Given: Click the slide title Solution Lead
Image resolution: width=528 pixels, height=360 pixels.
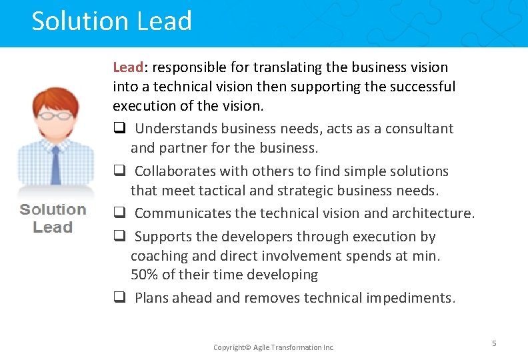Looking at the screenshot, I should (x=111, y=21).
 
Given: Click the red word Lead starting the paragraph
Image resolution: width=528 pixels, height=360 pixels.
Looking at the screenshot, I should (x=128, y=67).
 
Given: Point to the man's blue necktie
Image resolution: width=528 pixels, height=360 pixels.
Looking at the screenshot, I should (x=56, y=163).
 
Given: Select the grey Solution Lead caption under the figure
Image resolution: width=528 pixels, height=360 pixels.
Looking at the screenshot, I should (x=53, y=218).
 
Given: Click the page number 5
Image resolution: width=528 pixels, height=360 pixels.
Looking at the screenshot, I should (x=494, y=343).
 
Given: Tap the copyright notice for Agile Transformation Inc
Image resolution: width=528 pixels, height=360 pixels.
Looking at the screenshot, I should (x=273, y=347).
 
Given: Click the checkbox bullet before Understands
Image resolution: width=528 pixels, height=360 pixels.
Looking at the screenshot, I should (x=118, y=129).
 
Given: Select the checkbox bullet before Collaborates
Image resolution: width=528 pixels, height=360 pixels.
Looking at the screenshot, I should (x=118, y=171).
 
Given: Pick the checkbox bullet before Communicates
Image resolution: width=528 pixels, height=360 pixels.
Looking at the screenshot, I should (x=118, y=214).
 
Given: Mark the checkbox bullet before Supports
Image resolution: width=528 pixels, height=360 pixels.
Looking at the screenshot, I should (x=118, y=237).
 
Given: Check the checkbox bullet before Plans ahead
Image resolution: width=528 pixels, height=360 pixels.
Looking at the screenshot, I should (x=118, y=298).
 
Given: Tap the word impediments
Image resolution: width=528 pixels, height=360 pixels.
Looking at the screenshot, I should (x=411, y=298).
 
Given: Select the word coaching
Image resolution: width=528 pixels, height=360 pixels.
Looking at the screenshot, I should (x=160, y=256).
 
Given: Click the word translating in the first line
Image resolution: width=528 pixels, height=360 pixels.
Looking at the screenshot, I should (x=259, y=67).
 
